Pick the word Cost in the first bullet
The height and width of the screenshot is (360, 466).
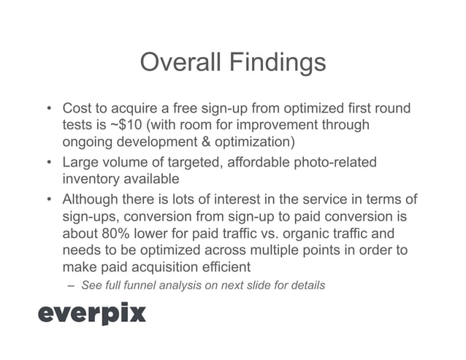77,108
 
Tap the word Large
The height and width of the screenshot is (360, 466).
81,161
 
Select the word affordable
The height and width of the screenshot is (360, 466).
248,161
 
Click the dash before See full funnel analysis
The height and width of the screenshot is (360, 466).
72,285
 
